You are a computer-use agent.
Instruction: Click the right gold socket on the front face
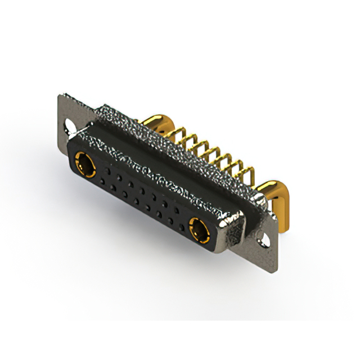tap(199, 229)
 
